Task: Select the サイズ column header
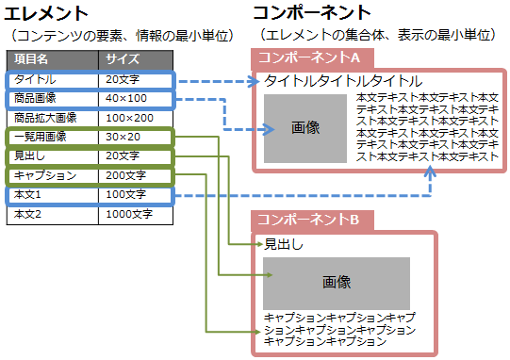coord(123,60)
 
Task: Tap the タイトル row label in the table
coord(35,79)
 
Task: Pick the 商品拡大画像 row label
coord(45,118)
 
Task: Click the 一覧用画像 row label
coord(41,137)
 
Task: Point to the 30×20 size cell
coord(123,137)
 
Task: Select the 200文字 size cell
coord(125,175)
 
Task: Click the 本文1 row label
coord(29,195)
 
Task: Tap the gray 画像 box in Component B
coord(337,283)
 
